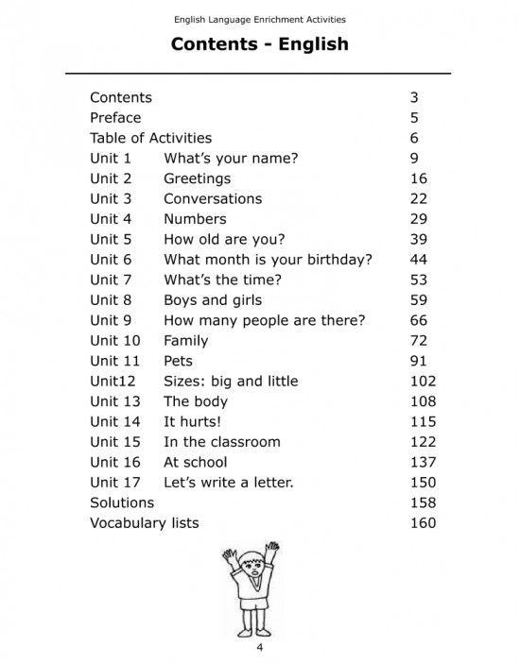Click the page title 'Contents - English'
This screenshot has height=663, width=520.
pyautogui.click(x=259, y=44)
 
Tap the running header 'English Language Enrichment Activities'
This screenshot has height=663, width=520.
pyautogui.click(x=259, y=19)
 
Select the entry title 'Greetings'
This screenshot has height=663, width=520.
pyautogui.click(x=197, y=178)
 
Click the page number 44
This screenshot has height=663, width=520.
pyautogui.click(x=419, y=260)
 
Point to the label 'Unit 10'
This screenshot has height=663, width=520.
pyautogui.click(x=114, y=341)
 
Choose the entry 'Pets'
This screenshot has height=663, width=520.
pyautogui.click(x=178, y=361)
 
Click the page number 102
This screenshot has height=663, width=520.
pyautogui.click(x=423, y=382)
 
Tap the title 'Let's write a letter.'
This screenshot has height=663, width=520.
pyautogui.click(x=228, y=483)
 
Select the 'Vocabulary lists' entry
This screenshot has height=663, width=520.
pyautogui.click(x=144, y=523)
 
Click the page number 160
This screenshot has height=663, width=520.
pyautogui.click(x=423, y=523)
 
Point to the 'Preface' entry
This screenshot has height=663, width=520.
pyautogui.click(x=115, y=118)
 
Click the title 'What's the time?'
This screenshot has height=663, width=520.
pyautogui.click(x=222, y=280)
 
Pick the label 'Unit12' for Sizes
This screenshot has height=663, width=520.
pyautogui.click(x=113, y=382)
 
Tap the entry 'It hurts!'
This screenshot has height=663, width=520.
pyautogui.click(x=192, y=422)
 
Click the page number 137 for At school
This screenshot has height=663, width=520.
pyautogui.click(x=423, y=463)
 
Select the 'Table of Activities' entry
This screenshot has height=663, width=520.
pyautogui.click(x=150, y=138)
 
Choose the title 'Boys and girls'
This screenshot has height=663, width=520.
pyautogui.click(x=214, y=300)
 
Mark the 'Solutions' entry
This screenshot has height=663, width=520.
pyautogui.click(x=121, y=502)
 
